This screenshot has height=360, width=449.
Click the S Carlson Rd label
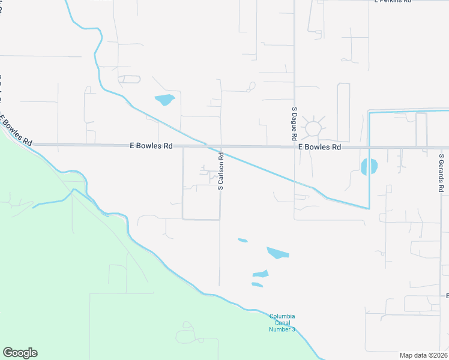click(x=221, y=171)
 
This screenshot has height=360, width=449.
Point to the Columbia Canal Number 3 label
click(x=282, y=323)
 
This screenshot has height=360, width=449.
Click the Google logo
click(x=20, y=353)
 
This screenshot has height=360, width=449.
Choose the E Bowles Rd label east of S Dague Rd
click(x=319, y=146)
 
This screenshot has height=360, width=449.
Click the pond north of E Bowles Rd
click(x=164, y=100)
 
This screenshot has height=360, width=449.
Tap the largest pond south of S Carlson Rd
click(x=277, y=253)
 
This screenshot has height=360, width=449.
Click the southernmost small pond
click(x=257, y=284)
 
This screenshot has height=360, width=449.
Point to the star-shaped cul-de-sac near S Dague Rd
click(x=313, y=128)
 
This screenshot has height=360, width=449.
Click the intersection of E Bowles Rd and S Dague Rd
click(x=294, y=146)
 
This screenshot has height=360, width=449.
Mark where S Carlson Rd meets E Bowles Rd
click(x=220, y=146)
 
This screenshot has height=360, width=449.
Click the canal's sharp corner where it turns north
click(x=369, y=208)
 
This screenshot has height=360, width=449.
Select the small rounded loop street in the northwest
click(x=130, y=79)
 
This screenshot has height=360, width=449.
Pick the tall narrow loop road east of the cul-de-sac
click(x=343, y=112)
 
